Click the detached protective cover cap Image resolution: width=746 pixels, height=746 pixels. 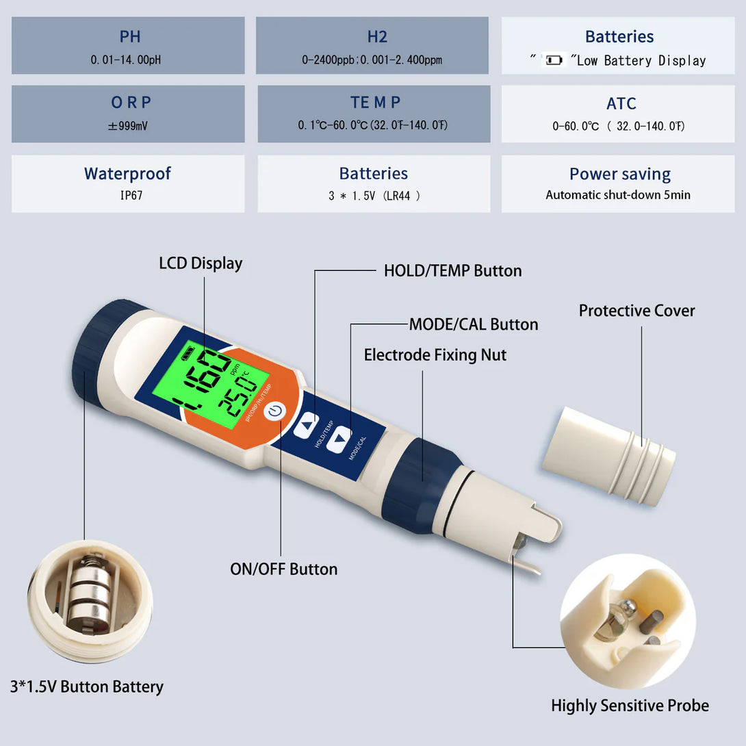(608, 456)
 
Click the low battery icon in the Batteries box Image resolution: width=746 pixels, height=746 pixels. (552, 61)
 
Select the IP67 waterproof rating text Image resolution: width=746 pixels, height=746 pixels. (128, 195)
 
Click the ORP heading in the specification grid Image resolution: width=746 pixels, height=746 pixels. (131, 103)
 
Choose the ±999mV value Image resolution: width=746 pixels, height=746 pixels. (128, 126)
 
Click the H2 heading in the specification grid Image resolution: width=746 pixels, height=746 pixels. (373, 37)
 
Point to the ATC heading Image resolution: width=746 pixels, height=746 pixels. (621, 104)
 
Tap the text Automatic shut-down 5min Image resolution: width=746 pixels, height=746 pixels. (618, 195)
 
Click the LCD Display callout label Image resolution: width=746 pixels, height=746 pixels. (201, 263)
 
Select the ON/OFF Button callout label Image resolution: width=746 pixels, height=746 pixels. (283, 569)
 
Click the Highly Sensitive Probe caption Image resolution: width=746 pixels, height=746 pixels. (630, 706)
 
